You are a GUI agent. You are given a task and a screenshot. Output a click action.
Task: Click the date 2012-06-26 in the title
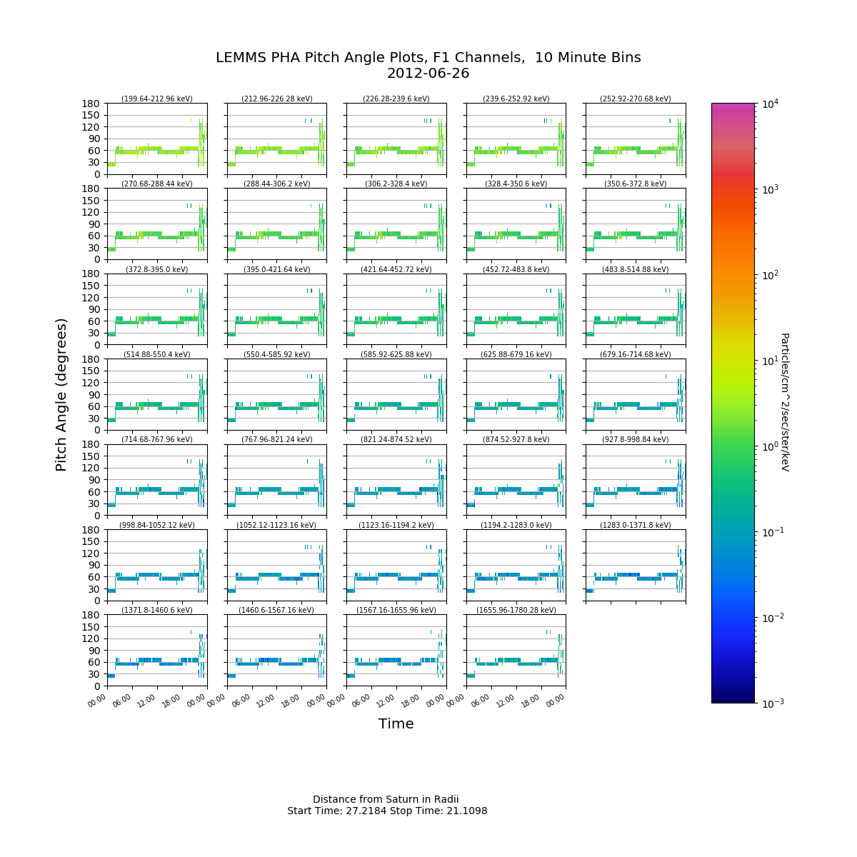coord(428,74)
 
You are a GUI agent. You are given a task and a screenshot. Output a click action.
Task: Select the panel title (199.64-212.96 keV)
coord(157,99)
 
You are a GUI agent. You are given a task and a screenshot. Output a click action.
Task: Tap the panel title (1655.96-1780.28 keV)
coord(516,610)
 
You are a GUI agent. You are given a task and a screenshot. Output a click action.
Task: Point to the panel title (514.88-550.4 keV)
coord(157,354)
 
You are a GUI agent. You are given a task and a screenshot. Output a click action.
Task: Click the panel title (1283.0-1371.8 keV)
coord(636,525)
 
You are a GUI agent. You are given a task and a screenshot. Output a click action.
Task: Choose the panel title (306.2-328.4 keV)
coord(396,184)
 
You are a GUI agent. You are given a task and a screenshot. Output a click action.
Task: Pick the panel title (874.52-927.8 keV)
coord(516,439)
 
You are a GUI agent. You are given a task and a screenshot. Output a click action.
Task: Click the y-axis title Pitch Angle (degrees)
coord(61,395)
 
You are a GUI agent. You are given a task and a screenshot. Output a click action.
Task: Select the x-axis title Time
coord(396,723)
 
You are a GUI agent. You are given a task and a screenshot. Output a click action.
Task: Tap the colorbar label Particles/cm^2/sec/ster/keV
coord(785,402)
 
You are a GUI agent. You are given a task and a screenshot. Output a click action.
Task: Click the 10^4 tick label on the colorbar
coord(771,104)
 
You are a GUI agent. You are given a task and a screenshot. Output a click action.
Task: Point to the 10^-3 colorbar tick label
coord(771,703)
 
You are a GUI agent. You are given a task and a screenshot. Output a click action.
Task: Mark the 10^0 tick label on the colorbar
coord(771,446)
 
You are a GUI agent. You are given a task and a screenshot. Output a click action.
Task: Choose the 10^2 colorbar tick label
coord(771,275)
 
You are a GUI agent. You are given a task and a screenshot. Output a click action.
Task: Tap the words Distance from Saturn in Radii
coord(386,799)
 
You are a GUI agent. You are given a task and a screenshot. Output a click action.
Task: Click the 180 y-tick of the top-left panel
coord(91,104)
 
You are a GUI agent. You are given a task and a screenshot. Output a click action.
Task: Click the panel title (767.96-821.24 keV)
coord(276,439)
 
